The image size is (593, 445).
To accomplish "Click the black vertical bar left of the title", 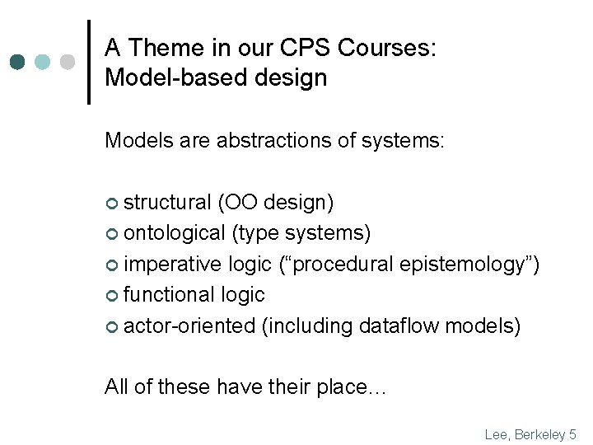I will (88, 62).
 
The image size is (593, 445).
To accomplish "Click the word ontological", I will (174, 234).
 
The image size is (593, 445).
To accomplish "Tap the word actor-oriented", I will (189, 326).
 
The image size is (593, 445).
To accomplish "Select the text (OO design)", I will (275, 203).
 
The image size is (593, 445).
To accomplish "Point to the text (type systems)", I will (301, 234).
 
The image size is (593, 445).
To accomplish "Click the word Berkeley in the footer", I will (542, 433).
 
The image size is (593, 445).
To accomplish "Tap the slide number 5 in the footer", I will (573, 433).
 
